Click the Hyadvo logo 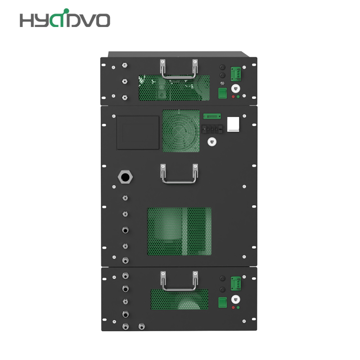pyautogui.click(x=65, y=18)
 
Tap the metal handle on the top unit pyautogui.click(x=179, y=76)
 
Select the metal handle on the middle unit pyautogui.click(x=179, y=181)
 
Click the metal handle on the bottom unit pyautogui.click(x=179, y=288)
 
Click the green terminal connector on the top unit pyautogui.click(x=236, y=74)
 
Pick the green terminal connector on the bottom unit pyautogui.click(x=236, y=284)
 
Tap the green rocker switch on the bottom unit pyautogui.click(x=222, y=302)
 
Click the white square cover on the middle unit pyautogui.click(x=233, y=124)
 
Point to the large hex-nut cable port pyautogui.click(x=125, y=177)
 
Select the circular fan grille pyautogui.click(x=181, y=131)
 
